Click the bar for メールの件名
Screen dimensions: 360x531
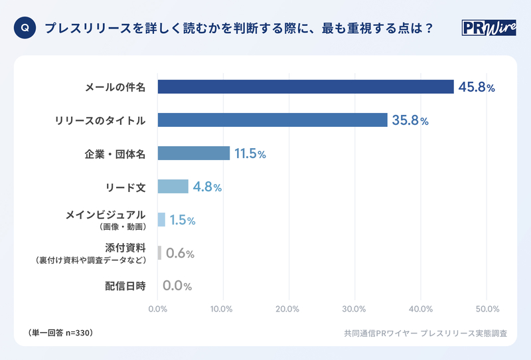click(x=305, y=87)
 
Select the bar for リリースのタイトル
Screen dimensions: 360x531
click(x=272, y=120)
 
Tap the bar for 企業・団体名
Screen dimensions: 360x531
click(x=193, y=153)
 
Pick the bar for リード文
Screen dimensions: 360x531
click(x=173, y=187)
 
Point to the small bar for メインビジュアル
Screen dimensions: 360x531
click(x=161, y=220)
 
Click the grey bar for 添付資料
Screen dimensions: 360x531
click(x=159, y=253)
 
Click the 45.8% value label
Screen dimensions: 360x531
click(x=477, y=87)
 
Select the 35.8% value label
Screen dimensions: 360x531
click(x=410, y=120)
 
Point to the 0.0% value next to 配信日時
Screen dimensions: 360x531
click(x=177, y=286)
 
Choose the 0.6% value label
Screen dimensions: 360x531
click(x=179, y=253)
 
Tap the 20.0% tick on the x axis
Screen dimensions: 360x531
click(x=289, y=309)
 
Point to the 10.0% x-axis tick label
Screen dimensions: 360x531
click(x=223, y=309)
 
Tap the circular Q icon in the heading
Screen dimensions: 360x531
click(x=25, y=29)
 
